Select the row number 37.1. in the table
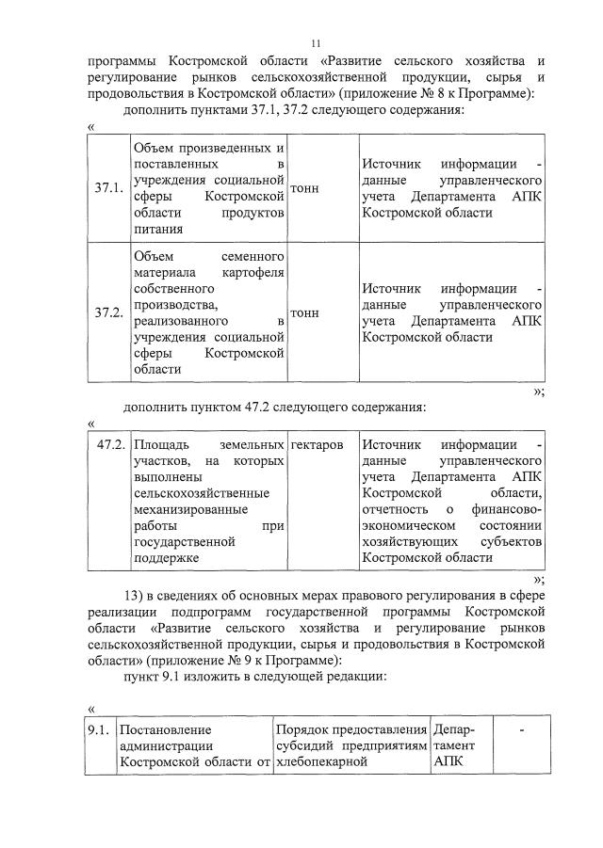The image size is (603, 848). [109, 188]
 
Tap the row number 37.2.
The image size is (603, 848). [109, 313]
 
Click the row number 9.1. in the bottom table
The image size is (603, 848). [96, 728]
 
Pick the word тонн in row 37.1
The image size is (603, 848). [305, 188]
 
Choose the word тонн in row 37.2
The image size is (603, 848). [305, 313]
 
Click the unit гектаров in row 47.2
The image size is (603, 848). [317, 444]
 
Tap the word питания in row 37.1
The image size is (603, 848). [159, 228]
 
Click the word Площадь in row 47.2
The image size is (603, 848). [162, 444]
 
